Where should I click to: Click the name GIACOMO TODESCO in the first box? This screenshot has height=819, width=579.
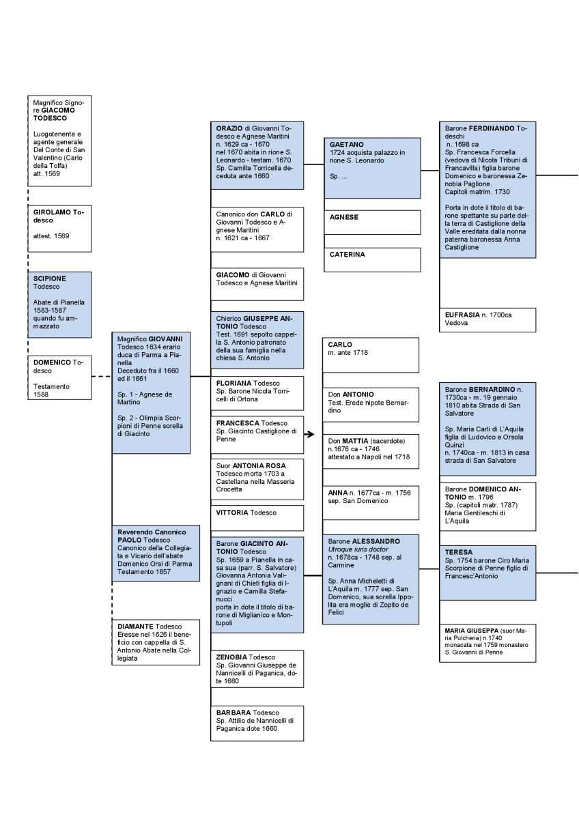[x=54, y=114]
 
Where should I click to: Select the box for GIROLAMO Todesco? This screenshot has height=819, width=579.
[x=59, y=229]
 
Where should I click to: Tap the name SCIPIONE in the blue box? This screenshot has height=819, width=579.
[x=49, y=278]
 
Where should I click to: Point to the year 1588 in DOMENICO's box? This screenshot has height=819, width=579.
[x=40, y=394]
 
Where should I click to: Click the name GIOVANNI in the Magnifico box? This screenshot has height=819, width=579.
[x=165, y=339]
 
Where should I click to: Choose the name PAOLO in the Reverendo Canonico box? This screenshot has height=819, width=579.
[x=130, y=540]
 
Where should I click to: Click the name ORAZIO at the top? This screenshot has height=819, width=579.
[x=229, y=128]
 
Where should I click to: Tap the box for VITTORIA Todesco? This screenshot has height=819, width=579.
[x=257, y=518]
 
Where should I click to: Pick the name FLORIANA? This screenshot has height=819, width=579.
[x=234, y=383]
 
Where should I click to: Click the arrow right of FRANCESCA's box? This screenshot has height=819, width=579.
[x=309, y=434]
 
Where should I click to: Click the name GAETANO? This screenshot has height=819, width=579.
[x=346, y=145]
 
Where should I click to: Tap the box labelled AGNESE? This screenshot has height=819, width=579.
[x=372, y=222]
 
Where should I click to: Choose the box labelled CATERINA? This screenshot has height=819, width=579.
[x=372, y=259]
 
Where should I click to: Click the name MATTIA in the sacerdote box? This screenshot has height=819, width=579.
[x=355, y=441]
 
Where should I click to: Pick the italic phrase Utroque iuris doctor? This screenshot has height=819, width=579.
[x=358, y=549]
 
